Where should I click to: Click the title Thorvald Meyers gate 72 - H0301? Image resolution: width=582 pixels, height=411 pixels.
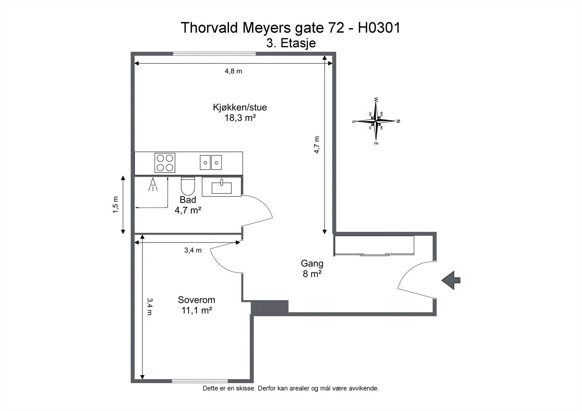[x=291, y=28]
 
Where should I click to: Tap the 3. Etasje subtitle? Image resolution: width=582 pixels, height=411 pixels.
[x=291, y=43]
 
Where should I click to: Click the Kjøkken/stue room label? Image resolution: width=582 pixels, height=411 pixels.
[x=240, y=108]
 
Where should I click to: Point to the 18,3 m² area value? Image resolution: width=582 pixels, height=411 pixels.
[x=240, y=118]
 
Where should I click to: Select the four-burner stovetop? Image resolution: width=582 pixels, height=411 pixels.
[x=165, y=163]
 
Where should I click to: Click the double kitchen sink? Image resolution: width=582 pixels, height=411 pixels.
[x=211, y=162]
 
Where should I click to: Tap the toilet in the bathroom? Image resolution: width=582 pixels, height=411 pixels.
[x=188, y=186]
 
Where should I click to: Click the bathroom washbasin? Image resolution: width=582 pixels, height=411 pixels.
[x=222, y=187]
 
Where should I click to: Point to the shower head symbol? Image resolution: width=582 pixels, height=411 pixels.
[x=153, y=184]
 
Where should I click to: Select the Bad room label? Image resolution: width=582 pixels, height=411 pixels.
[x=188, y=200]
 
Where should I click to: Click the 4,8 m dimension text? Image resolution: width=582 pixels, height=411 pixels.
[x=233, y=71]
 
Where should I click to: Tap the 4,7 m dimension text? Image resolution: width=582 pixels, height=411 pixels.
[x=317, y=145]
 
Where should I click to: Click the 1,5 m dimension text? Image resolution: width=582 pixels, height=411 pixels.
[x=115, y=205]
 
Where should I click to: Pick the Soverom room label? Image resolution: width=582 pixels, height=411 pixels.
[x=196, y=300]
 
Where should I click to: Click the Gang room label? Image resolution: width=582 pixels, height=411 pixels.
[x=312, y=263]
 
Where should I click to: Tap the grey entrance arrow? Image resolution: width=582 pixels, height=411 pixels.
[x=451, y=280]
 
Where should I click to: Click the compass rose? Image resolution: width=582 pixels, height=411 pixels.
[x=376, y=121]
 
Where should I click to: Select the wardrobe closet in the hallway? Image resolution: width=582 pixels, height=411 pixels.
[x=374, y=246]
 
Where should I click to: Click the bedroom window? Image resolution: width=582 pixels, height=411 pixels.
[x=200, y=381]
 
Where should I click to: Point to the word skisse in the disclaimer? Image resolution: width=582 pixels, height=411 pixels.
[x=246, y=388]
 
